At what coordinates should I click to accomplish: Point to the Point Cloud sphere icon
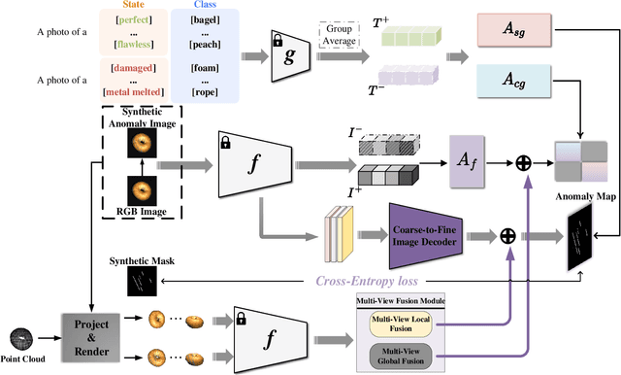click(x=24, y=338)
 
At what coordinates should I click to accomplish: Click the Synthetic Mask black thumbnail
click(x=141, y=281)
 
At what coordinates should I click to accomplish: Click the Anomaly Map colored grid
click(x=581, y=161)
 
